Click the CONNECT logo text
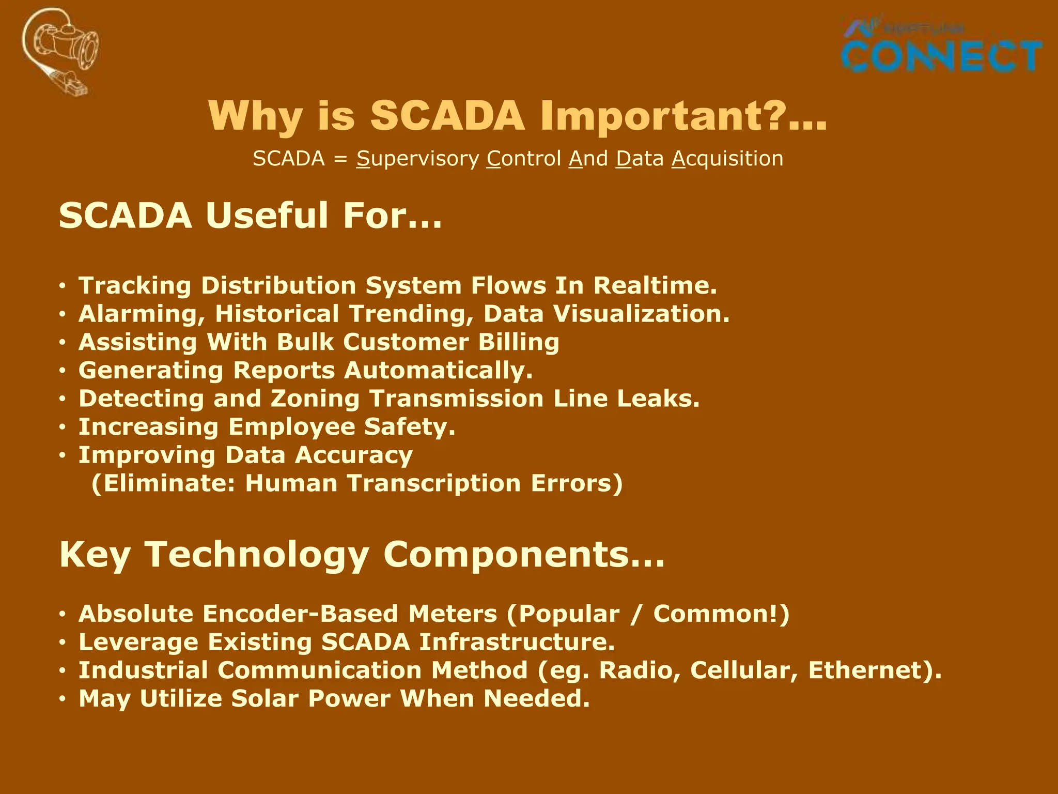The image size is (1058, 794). (x=941, y=56)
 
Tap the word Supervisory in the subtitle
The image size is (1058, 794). (x=417, y=159)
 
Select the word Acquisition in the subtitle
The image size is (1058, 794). (x=727, y=159)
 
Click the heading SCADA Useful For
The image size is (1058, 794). (x=250, y=216)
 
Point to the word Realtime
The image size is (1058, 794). (x=655, y=285)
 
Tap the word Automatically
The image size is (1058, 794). (x=438, y=370)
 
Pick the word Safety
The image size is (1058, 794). (x=409, y=427)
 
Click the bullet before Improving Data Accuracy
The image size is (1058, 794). (x=63, y=455)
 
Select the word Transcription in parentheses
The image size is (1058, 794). (x=434, y=483)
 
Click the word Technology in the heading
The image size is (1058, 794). (x=257, y=554)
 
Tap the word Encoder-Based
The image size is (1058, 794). (x=300, y=614)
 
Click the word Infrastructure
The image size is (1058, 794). (x=517, y=642)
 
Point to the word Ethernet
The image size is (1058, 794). (x=870, y=670)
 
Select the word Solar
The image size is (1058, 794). (x=264, y=698)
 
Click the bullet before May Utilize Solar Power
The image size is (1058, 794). (x=63, y=699)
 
